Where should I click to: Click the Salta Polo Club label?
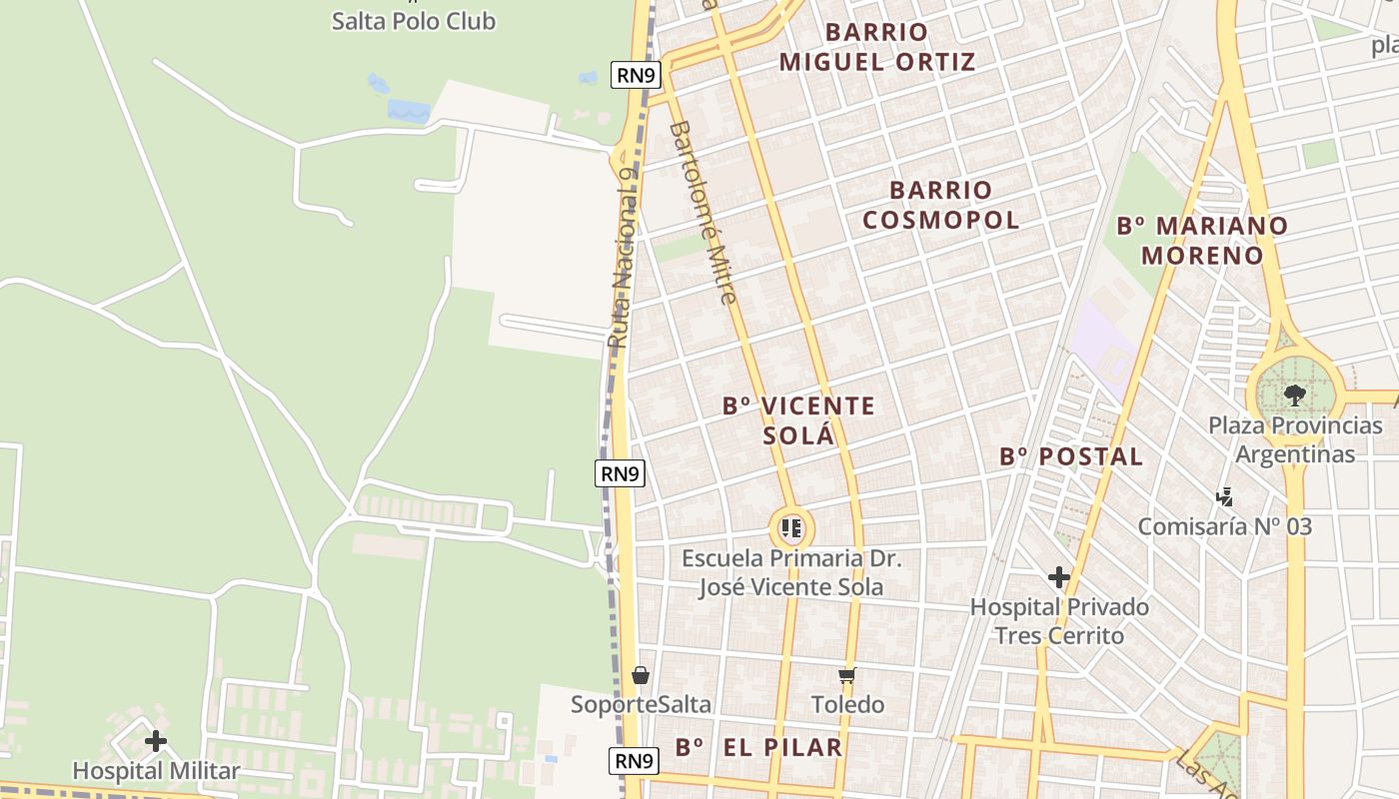click(413, 20)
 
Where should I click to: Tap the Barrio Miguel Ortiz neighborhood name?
click(876, 47)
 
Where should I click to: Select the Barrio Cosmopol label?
click(940, 205)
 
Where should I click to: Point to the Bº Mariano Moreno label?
click(1202, 240)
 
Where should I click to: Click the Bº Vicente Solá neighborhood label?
click(798, 420)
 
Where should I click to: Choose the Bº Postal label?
click(1071, 456)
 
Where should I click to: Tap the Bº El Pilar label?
click(758, 747)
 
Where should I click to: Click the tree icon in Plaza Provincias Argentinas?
click(1295, 395)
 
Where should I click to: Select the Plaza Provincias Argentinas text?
click(1295, 439)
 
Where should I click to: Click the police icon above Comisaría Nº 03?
click(1224, 496)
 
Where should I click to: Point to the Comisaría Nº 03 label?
click(1224, 526)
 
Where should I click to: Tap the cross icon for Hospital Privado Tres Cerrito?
click(1059, 577)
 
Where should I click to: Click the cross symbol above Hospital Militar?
click(156, 741)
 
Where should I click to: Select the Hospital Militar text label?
click(156, 771)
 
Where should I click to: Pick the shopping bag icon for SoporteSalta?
click(641, 676)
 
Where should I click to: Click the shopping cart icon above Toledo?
click(847, 676)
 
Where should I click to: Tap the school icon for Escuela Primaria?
click(791, 527)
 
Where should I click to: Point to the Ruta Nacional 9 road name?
click(623, 258)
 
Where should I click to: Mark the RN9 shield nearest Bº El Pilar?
click(634, 761)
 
